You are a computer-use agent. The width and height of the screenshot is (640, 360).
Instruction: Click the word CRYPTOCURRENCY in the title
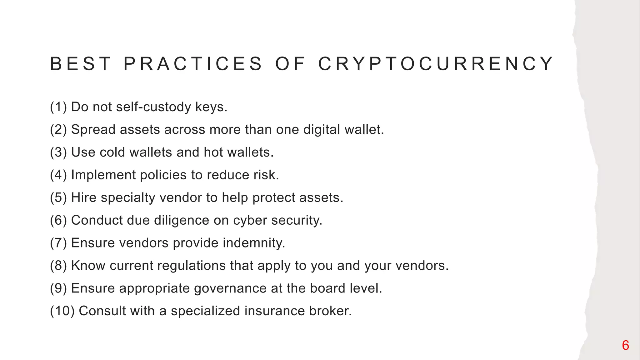[436, 64]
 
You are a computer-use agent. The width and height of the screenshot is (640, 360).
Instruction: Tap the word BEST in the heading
[81, 64]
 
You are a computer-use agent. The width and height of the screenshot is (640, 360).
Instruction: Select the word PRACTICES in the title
[193, 64]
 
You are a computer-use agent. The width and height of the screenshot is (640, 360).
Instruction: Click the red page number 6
[625, 345]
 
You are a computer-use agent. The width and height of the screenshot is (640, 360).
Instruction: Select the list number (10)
[62, 311]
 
